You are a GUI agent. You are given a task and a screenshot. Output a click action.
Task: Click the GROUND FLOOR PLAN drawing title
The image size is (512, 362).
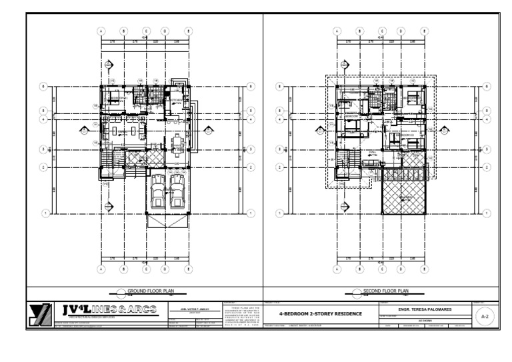click(x=151, y=291)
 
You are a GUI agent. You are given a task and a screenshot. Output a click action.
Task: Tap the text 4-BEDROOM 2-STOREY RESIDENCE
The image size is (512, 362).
click(x=320, y=314)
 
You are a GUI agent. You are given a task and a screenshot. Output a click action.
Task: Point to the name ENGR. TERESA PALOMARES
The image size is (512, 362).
click(x=425, y=309)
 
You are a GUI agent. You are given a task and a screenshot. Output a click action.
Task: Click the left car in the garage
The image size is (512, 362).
click(x=159, y=191)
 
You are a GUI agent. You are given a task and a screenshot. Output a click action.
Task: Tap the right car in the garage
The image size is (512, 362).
click(x=177, y=191)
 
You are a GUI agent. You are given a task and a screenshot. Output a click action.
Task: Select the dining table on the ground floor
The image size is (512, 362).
click(x=177, y=143)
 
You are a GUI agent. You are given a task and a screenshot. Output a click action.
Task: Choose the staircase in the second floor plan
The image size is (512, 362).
click(x=346, y=163)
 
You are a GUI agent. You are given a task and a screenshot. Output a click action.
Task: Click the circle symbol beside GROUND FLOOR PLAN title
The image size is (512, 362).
click(x=121, y=291)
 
